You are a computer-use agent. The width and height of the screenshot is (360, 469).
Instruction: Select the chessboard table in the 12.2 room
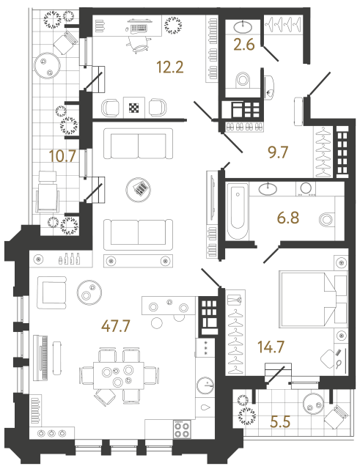click(x=135, y=108)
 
